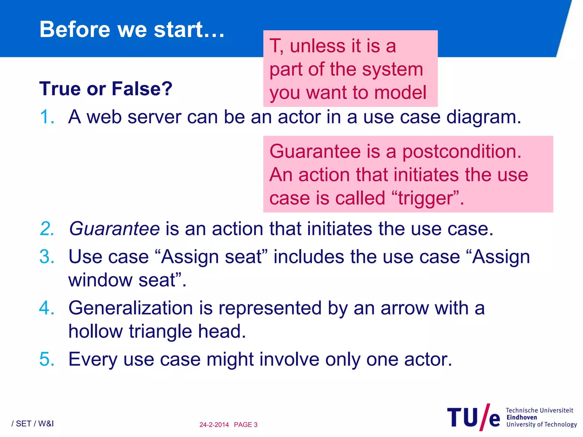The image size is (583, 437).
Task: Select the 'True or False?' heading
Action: coord(106,88)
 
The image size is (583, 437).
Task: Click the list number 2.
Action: coord(47,229)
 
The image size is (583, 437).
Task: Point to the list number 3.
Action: coord(47,257)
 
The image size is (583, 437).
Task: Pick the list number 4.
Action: coord(47,308)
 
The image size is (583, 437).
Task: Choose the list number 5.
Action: coord(47,359)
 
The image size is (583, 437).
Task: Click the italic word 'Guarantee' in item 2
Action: coord(114,229)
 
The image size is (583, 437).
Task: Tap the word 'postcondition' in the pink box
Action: coord(461,152)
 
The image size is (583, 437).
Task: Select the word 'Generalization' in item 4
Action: coord(131,308)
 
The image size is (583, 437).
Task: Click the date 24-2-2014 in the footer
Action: coord(214,425)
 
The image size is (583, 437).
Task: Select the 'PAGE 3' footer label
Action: coord(246,425)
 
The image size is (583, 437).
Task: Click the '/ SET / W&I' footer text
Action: coord(32,424)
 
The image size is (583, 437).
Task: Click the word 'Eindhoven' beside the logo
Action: coord(522,417)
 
